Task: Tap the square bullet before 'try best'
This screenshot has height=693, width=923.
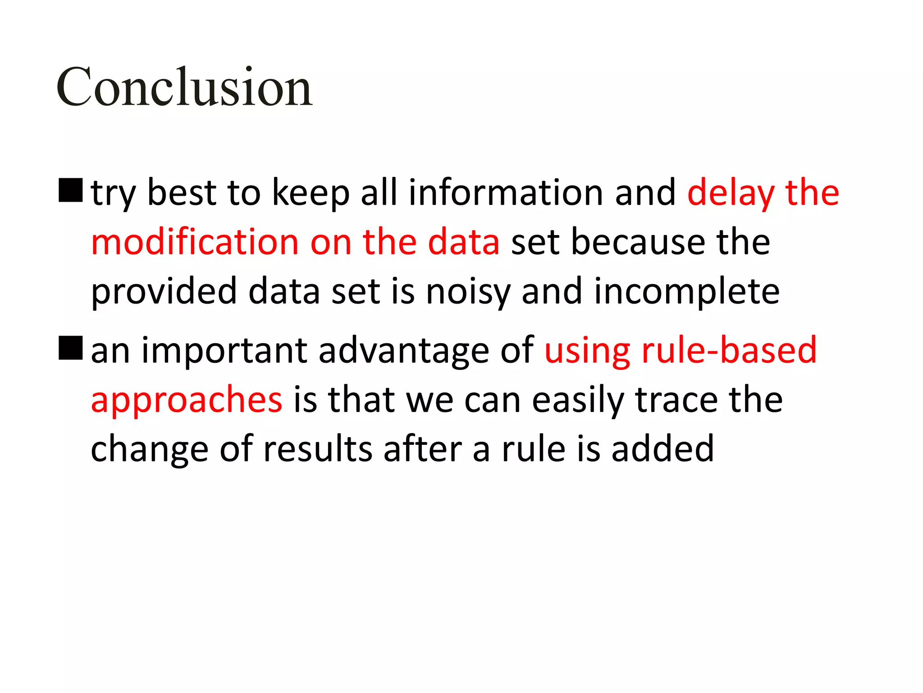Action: tap(71, 190)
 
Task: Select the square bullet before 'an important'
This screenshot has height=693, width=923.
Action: tap(71, 347)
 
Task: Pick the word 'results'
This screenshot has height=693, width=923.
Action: tap(318, 449)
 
